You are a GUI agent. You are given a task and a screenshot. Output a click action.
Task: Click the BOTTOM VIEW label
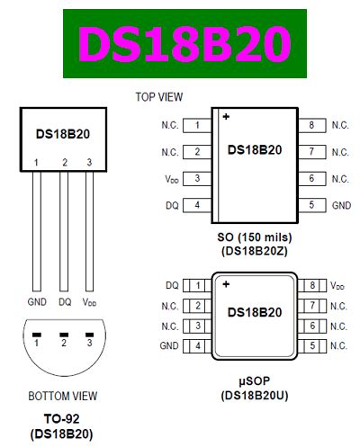[64, 395]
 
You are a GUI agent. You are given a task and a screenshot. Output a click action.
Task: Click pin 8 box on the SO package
[310, 125]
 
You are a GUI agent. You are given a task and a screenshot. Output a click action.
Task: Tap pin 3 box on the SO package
[196, 179]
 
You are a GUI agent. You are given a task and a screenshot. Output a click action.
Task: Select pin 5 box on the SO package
[310, 205]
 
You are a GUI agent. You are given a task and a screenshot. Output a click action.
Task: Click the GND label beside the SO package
[340, 205]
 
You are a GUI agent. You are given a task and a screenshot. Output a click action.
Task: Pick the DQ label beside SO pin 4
[172, 205]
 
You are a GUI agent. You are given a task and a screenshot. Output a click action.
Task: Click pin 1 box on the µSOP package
[196, 285]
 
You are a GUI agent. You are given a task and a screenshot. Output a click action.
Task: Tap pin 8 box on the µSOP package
[310, 285]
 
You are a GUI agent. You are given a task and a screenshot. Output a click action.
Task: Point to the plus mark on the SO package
[226, 116]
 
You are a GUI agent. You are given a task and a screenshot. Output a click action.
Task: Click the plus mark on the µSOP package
[226, 284]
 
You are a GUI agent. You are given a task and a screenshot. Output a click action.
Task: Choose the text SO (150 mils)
[254, 237]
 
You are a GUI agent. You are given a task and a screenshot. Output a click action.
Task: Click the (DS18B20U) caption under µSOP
[254, 395]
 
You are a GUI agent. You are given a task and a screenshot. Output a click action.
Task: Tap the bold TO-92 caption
[64, 418]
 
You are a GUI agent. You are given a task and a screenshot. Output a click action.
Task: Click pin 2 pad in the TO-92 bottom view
[65, 343]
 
